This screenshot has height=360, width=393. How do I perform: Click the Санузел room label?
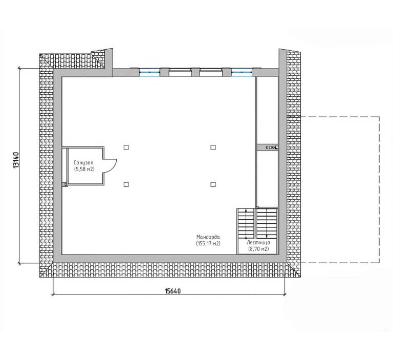[x=83, y=163]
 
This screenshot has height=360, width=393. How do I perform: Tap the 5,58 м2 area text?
[x=84, y=170]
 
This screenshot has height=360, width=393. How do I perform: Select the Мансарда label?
[x=208, y=237]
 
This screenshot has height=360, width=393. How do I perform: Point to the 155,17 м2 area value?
[x=208, y=243]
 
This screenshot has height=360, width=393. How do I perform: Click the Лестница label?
[x=258, y=243]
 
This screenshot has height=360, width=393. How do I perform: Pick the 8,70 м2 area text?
[x=258, y=249]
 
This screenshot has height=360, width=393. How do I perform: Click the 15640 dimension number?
[x=172, y=291]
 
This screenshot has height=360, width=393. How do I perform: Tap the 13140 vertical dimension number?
[x=16, y=160]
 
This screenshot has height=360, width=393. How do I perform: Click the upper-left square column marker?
[x=126, y=147]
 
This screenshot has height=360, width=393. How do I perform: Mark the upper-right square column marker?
[x=213, y=147]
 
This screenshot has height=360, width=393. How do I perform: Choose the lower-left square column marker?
[x=126, y=184]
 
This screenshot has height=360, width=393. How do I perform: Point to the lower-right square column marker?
[x=213, y=184]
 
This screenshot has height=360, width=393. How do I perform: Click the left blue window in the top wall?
[x=149, y=72]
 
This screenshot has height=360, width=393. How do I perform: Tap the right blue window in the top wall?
[x=242, y=72]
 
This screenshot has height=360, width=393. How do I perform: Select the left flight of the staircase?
[x=246, y=223]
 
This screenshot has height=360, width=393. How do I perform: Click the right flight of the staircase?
[x=267, y=223]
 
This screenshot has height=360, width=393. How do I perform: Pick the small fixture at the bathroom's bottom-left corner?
[x=66, y=185]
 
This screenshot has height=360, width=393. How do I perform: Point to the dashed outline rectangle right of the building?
[x=379, y=189]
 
